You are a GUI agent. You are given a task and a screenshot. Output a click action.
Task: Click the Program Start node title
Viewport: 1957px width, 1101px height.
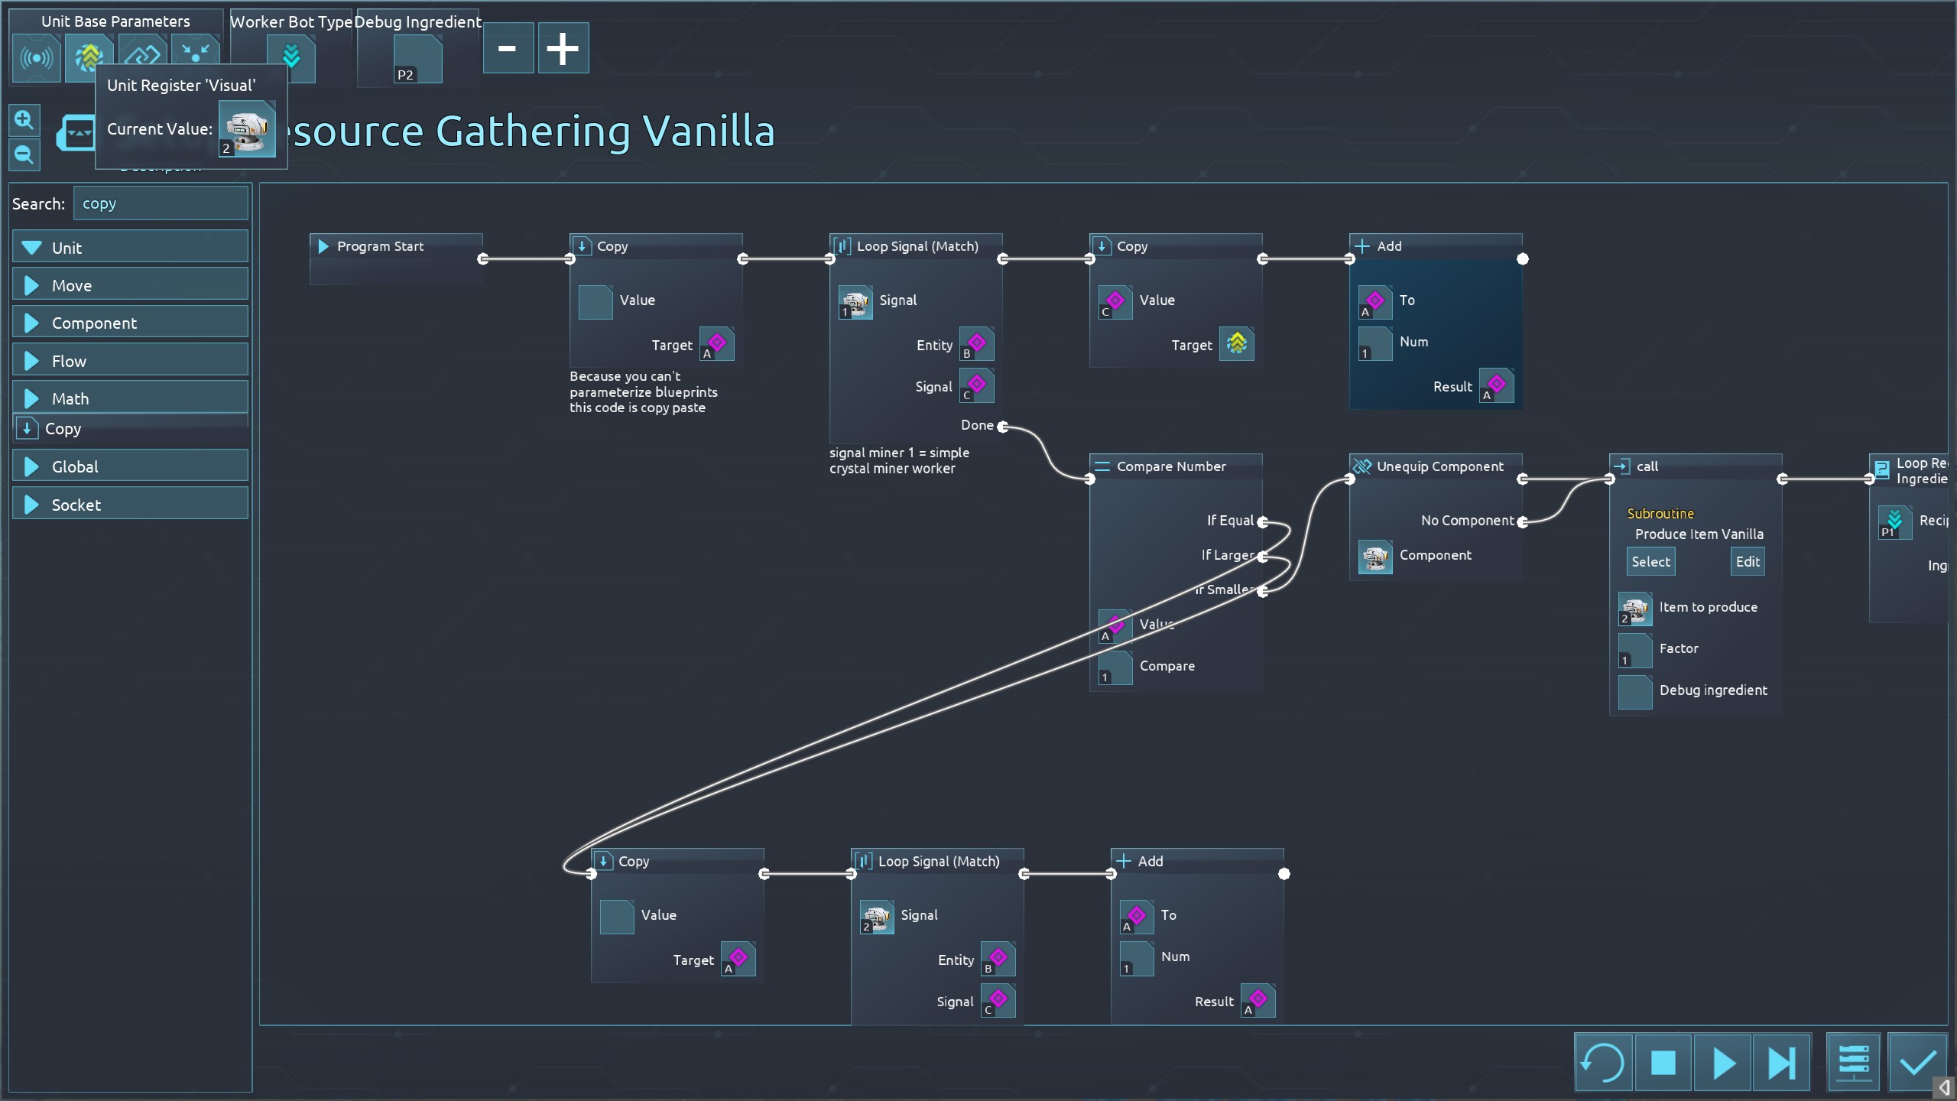click(x=380, y=246)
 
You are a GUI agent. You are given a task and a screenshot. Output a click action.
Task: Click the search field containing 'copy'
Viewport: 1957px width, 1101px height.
click(x=161, y=203)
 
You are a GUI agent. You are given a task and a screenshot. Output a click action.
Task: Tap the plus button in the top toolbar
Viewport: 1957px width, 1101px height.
click(x=563, y=48)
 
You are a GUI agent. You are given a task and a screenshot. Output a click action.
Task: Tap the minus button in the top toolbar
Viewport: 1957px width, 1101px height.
click(x=508, y=48)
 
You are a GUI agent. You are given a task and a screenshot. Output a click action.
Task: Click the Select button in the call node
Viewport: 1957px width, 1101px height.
click(x=1650, y=562)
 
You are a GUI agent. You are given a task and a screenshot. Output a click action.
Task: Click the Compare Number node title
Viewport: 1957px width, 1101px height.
click(x=1170, y=466)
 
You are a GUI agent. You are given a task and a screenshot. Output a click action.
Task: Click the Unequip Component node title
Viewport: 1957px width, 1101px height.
click(x=1439, y=466)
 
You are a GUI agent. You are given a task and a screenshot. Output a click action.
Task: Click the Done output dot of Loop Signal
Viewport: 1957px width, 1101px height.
click(x=1002, y=426)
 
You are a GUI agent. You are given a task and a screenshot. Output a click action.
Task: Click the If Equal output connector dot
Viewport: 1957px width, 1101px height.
click(x=1263, y=521)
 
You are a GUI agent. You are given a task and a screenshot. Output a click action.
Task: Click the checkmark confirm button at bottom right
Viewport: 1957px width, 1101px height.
click(x=1917, y=1063)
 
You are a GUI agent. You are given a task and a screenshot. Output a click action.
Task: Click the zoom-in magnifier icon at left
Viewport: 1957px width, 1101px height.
click(x=24, y=120)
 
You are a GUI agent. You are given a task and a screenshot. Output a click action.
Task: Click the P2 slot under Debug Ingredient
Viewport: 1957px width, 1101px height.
click(x=417, y=60)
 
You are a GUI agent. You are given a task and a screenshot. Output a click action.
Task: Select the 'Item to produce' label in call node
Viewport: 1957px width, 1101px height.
click(x=1708, y=607)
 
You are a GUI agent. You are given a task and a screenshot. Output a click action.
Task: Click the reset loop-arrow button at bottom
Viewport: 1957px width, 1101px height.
click(x=1602, y=1063)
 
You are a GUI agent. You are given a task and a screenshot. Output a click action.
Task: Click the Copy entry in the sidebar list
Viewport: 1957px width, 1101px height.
click(x=63, y=429)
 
